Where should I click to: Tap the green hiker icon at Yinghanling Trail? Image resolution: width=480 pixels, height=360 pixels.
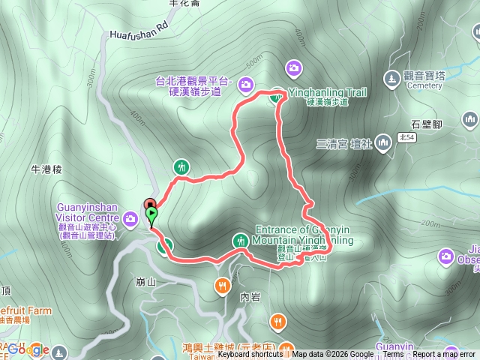click(277, 94)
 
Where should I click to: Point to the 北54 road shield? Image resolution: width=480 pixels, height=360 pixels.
click(407, 137)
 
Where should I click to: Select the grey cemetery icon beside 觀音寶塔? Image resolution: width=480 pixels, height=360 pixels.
click(391, 76)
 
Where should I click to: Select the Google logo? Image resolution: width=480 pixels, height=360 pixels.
click(28, 349)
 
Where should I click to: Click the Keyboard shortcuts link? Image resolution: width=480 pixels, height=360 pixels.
click(250, 355)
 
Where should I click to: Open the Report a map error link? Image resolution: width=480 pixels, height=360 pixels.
click(444, 355)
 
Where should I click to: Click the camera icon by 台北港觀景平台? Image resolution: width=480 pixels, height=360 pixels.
click(247, 85)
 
